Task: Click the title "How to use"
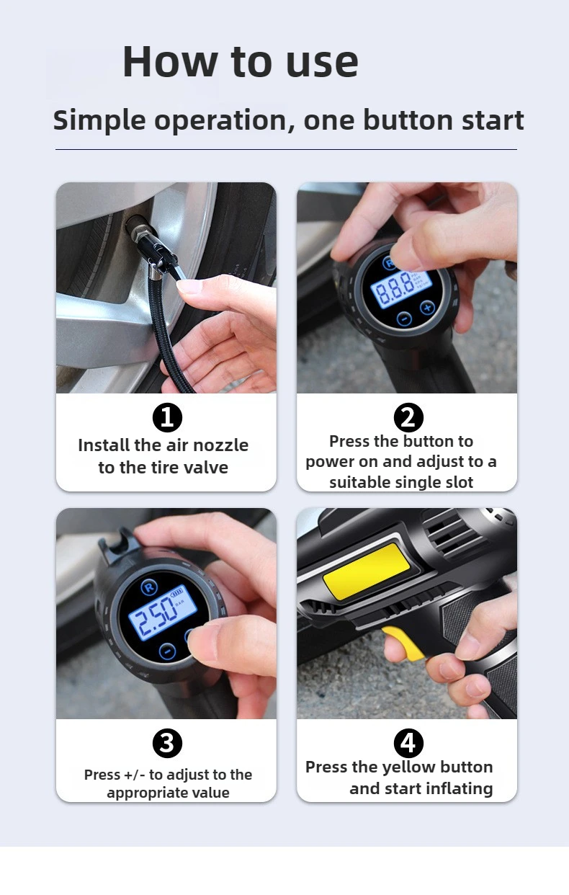(x=240, y=62)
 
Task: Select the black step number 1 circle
(x=167, y=417)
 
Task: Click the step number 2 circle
(x=408, y=417)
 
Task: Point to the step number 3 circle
(x=167, y=743)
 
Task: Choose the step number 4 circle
(x=408, y=743)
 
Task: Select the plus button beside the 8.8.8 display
(x=426, y=308)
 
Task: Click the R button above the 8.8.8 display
(x=390, y=262)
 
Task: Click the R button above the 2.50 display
(x=149, y=587)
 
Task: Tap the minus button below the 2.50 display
(x=167, y=651)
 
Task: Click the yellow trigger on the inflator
(x=404, y=644)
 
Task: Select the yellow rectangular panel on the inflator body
(x=365, y=569)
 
